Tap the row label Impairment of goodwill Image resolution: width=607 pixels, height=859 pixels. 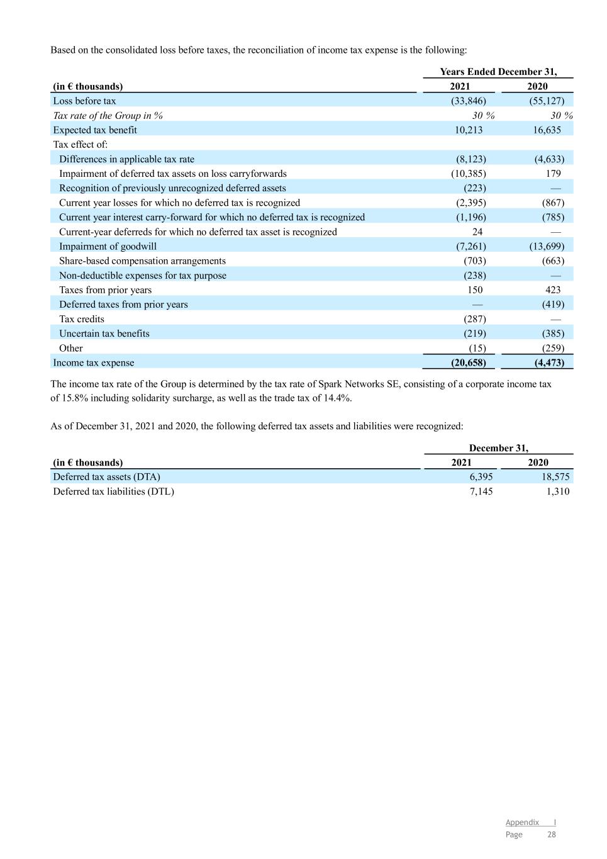coord(108,247)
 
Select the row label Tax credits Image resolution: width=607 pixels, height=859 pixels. coord(82,319)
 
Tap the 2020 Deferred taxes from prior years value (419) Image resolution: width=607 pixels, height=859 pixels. coord(553,305)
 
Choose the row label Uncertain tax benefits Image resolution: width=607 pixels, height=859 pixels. coord(104,334)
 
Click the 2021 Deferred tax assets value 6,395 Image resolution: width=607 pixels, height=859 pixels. coord(481,477)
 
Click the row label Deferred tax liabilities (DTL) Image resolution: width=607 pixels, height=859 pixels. coord(113,491)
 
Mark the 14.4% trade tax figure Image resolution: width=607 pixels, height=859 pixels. coord(338,398)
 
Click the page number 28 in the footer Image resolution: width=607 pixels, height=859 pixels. coord(551,834)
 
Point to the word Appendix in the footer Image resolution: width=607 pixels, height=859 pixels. coord(522,823)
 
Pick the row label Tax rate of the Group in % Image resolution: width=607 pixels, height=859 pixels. coord(108,116)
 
